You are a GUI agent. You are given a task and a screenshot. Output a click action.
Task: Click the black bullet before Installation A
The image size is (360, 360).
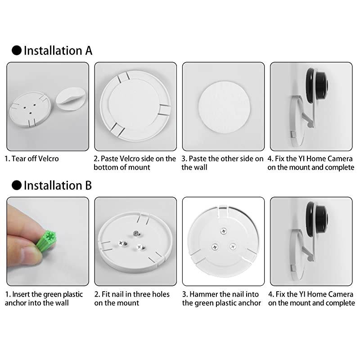17,50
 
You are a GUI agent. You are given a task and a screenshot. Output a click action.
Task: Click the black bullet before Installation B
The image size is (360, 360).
17,185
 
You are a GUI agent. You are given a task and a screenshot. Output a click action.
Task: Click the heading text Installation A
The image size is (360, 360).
58,50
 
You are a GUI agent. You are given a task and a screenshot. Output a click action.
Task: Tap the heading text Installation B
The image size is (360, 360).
58,185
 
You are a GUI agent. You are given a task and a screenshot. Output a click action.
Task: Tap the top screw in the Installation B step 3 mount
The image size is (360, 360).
224,231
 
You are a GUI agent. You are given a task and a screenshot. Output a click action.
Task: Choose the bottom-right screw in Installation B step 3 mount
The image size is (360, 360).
233,247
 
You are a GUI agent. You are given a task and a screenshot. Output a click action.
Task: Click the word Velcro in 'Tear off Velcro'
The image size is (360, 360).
48,159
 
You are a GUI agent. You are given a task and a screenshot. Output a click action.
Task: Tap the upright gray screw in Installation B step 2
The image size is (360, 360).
135,233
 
